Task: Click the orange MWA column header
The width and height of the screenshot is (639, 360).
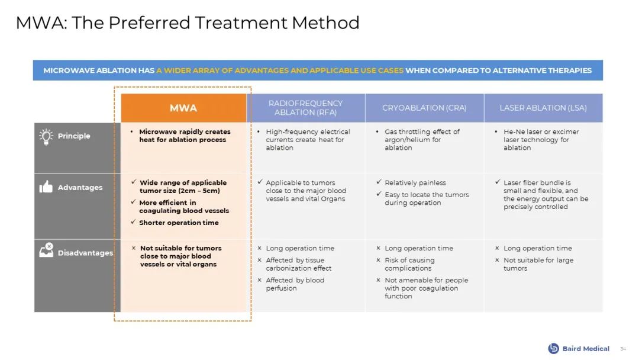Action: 183,108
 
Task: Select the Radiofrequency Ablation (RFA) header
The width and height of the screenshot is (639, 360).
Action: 306,108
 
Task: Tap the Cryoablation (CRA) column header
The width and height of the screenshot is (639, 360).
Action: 424,108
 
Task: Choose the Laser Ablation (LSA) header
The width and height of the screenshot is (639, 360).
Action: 543,108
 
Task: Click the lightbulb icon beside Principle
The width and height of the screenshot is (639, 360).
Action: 46,137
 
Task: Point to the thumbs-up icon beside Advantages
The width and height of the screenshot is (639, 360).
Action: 46,187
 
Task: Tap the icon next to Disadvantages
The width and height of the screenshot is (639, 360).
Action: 46,250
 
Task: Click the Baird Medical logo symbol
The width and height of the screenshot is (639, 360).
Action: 553,348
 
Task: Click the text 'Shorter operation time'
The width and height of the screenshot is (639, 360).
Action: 179,223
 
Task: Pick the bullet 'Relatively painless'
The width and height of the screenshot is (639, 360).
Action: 415,182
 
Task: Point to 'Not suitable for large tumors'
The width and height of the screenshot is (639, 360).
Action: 538,264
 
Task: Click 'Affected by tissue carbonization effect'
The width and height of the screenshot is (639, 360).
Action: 299,264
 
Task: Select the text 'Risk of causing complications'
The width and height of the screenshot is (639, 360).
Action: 409,264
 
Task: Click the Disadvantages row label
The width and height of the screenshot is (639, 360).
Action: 85,253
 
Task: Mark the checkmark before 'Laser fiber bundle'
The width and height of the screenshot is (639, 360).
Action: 497,182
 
